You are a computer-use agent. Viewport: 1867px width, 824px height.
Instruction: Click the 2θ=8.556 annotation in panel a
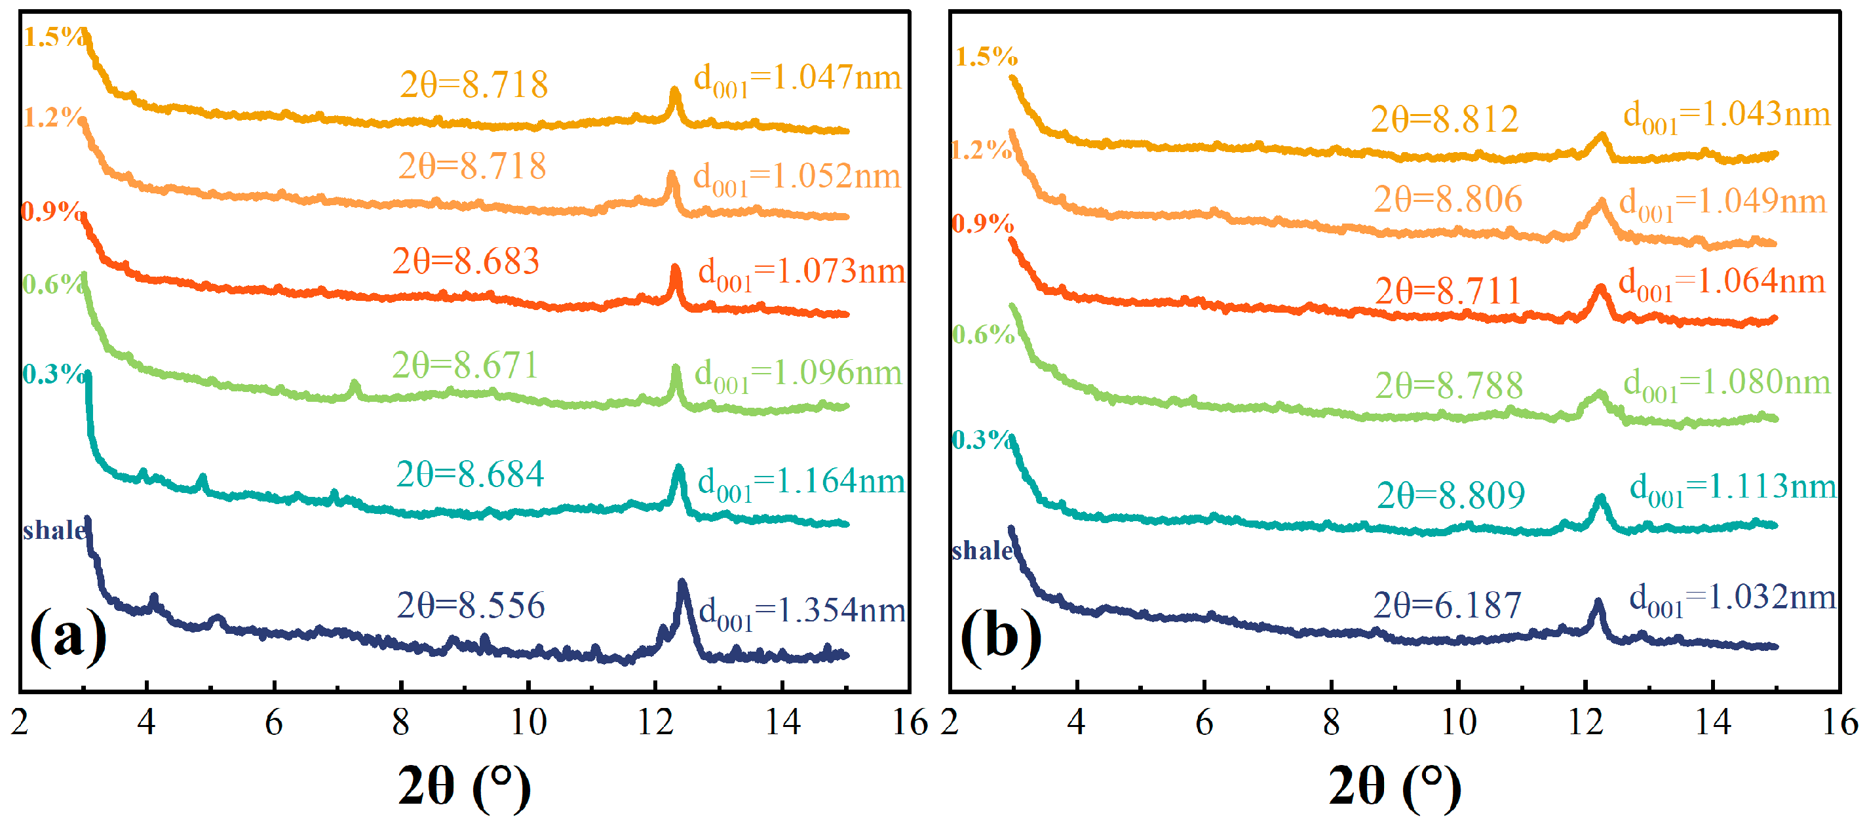pos(471,605)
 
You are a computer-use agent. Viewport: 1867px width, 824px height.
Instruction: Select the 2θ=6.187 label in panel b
pos(1448,605)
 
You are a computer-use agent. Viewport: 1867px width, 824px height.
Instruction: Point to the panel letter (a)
pos(67,637)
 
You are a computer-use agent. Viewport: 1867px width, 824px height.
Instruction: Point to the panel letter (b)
pos(1000,637)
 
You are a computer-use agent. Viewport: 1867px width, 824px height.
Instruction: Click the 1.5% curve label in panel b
pos(986,56)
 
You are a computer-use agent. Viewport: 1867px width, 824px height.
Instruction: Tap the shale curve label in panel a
pos(54,530)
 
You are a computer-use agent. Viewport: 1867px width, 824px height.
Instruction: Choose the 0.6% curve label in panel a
pos(50,284)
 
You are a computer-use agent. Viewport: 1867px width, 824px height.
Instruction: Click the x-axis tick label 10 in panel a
pos(528,722)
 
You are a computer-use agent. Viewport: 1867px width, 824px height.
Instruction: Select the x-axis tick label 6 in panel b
pos(1204,722)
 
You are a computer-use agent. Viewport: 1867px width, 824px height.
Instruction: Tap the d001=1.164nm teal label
pos(801,483)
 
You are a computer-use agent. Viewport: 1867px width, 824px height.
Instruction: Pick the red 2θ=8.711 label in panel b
pos(1448,291)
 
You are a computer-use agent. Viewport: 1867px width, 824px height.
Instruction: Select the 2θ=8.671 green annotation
pos(465,364)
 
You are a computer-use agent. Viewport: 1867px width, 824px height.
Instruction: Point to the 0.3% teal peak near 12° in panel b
pos(1600,501)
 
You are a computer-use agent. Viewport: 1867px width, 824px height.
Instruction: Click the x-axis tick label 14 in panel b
pos(1712,722)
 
